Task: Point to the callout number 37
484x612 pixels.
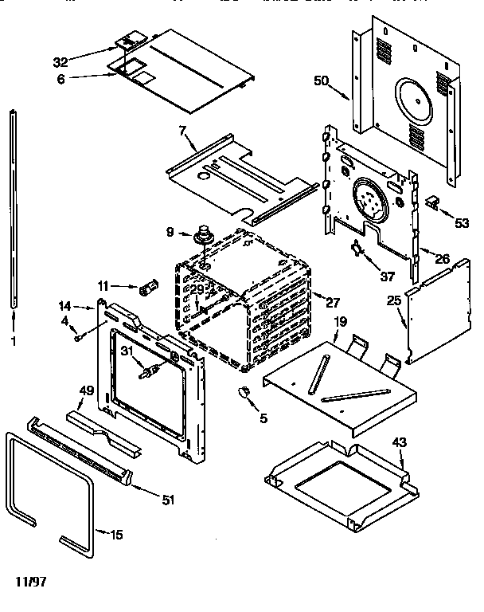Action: [387, 277]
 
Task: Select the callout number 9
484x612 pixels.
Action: [170, 233]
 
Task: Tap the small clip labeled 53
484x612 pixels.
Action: [433, 202]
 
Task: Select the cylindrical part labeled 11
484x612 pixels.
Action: [147, 288]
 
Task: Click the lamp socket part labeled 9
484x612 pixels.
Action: [205, 234]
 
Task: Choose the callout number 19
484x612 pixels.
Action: [339, 322]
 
